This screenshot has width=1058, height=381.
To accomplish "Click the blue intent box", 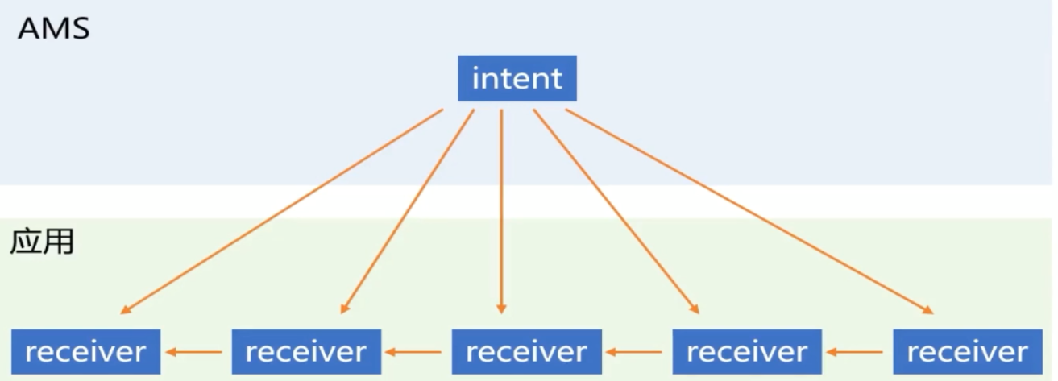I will pos(517,78).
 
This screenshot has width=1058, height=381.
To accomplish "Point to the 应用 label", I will pos(42,242).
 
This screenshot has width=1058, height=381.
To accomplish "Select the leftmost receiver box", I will pos(85,351).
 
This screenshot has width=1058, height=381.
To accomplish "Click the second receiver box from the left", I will pos(306,351).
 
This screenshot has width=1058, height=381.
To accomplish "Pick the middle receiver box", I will pos(526,351).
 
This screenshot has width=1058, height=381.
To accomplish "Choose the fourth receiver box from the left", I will pos(747,351).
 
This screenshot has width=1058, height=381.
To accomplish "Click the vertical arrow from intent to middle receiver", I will pos(501,209).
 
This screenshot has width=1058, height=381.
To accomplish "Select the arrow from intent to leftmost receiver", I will pos(282,211).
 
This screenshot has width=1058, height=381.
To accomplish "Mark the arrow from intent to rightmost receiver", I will pos(749,211).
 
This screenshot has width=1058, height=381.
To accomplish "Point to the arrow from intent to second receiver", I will pos(407,211).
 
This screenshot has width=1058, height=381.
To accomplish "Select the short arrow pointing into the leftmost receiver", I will pos(196,351).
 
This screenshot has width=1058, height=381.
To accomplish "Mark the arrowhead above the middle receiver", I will pos(501,307).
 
